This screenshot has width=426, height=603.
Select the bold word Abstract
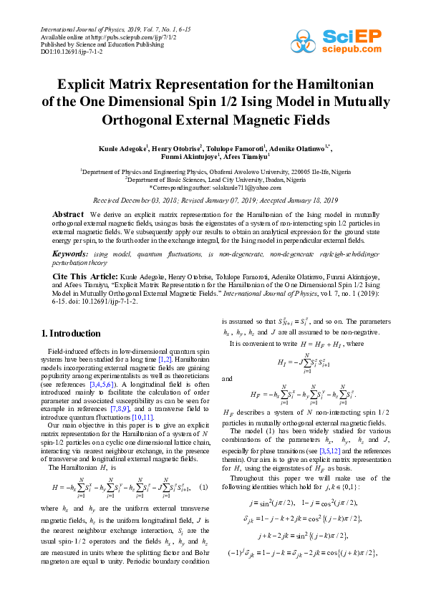[69, 214]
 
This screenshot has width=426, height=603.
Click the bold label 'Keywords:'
[71, 254]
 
